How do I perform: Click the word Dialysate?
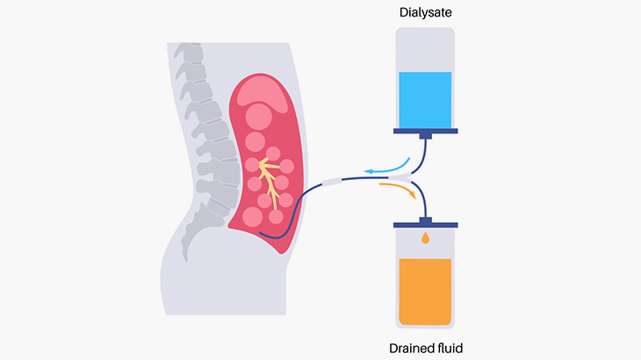pyautogui.click(x=425, y=13)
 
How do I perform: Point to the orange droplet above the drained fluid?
pyautogui.click(x=426, y=238)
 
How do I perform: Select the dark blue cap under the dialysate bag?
pyautogui.click(x=425, y=133)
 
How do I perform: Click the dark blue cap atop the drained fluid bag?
pyautogui.click(x=426, y=219)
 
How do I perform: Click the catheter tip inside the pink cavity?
pyautogui.click(x=263, y=232)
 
